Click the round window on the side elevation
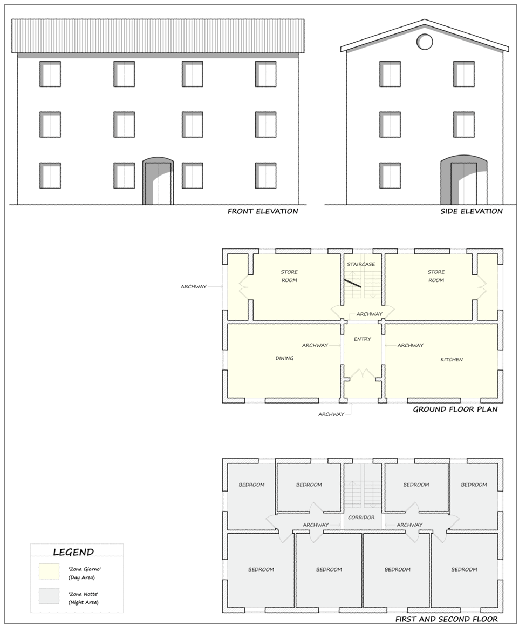[424, 41]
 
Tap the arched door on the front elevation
[158, 181]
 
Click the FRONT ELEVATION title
[263, 211]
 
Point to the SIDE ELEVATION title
[471, 211]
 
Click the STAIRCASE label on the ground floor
[361, 264]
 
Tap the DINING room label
[284, 358]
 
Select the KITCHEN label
[452, 360]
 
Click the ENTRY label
[362, 339]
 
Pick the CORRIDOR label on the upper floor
[361, 518]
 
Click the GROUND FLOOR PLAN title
[455, 409]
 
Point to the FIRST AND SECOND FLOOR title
[446, 619]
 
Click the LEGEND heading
[73, 553]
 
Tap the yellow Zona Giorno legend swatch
[49, 572]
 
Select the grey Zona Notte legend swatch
[49, 596]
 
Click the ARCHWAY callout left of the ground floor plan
[194, 287]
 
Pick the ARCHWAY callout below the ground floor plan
[331, 414]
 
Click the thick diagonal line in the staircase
[353, 283]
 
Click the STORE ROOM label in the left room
[289, 276]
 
